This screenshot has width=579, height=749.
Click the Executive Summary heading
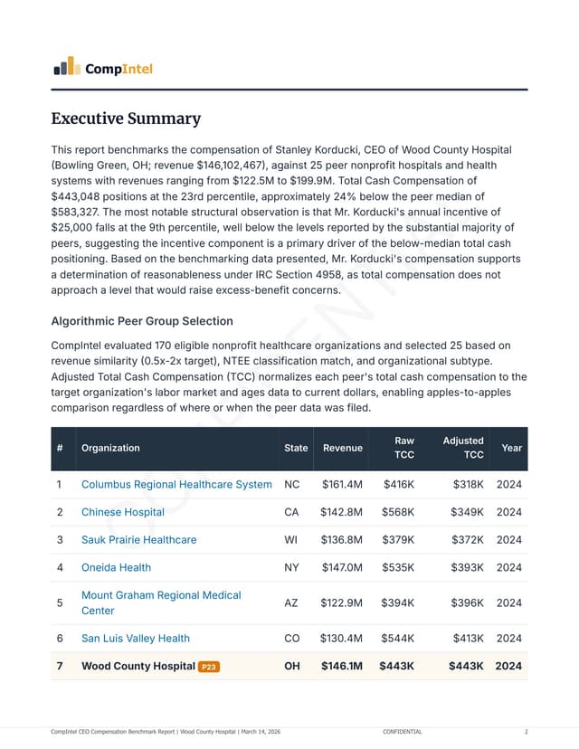pyautogui.click(x=126, y=119)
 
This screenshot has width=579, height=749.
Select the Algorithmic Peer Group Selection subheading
pyautogui.click(x=141, y=321)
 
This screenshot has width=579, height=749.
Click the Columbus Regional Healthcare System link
pyautogui.click(x=176, y=484)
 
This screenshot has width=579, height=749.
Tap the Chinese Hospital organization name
pyautogui.click(x=123, y=512)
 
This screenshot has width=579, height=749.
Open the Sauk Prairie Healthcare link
pyautogui.click(x=138, y=540)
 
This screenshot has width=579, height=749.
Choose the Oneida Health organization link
pyautogui.click(x=116, y=567)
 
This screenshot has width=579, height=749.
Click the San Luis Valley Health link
pyautogui.click(x=136, y=638)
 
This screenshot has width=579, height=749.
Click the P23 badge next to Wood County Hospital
pyautogui.click(x=209, y=667)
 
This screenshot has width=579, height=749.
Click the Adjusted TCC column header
pyautogui.click(x=463, y=448)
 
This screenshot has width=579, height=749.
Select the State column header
pyautogui.click(x=296, y=448)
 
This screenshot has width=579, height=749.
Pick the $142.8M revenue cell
pyautogui.click(x=341, y=512)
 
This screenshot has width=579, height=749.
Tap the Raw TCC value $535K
pyautogui.click(x=398, y=567)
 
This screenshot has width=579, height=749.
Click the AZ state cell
pyautogui.click(x=292, y=602)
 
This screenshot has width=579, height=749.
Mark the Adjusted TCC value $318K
pyautogui.click(x=468, y=484)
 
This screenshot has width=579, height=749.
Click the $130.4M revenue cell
pyautogui.click(x=342, y=638)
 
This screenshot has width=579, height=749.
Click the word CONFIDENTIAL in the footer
pyautogui.click(x=402, y=731)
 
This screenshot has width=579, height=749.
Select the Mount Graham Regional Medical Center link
pyautogui.click(x=161, y=602)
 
